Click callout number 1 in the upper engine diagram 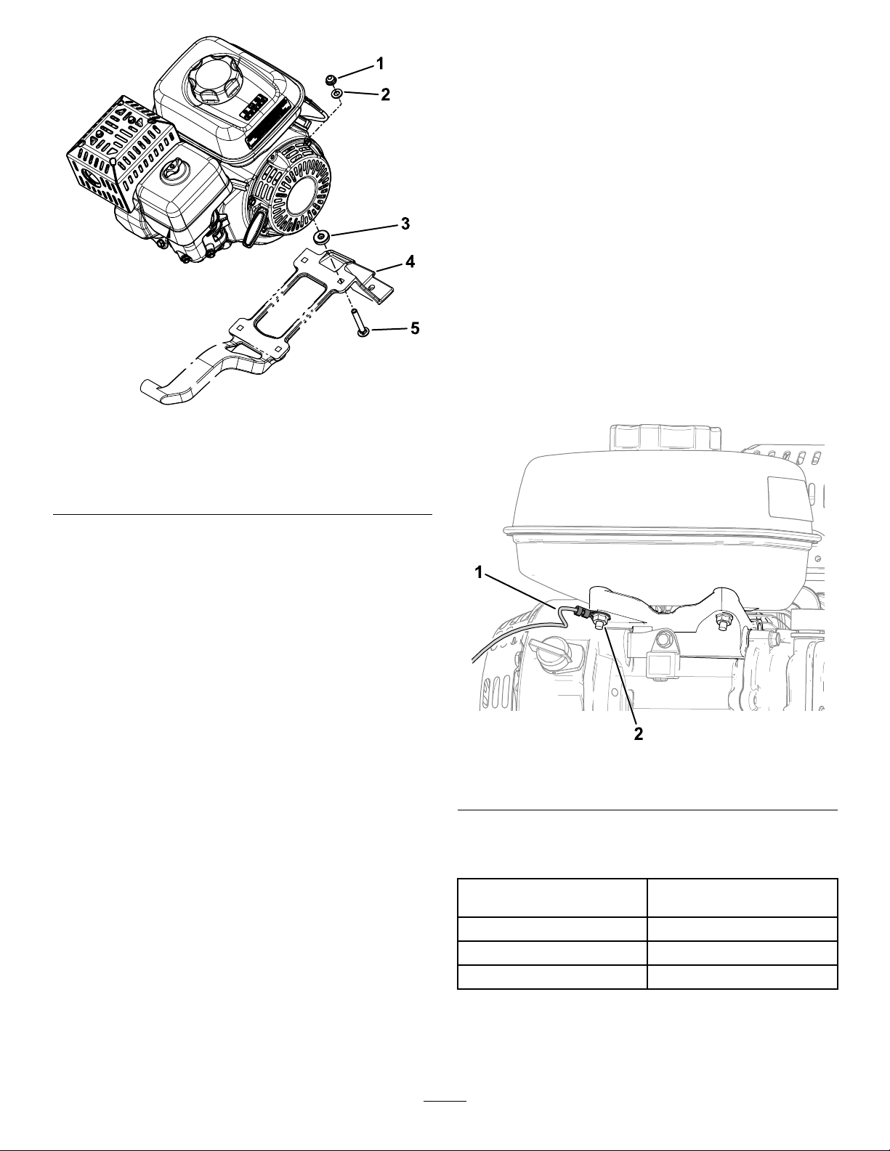coord(380,64)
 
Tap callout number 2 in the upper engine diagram coord(385,95)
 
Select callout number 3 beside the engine coord(405,224)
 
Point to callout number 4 coord(410,261)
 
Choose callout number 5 coord(415,329)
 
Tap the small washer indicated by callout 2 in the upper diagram coord(337,94)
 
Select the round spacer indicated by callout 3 coord(320,237)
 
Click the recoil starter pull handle coord(254,227)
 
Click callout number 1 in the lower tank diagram coord(480,573)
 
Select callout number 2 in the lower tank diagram coord(639,735)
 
